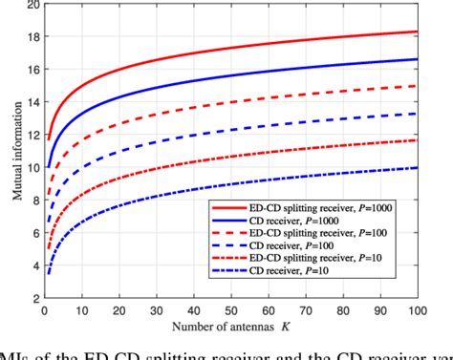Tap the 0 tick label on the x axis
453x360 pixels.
[x=43, y=311]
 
